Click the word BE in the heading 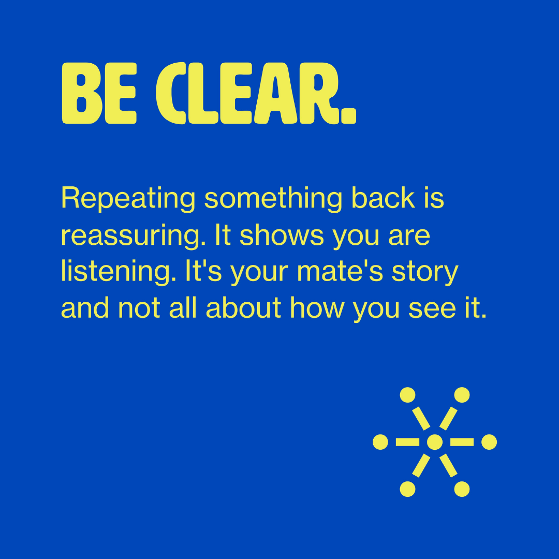99,93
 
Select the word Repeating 128,199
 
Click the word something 273,199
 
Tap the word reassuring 134,236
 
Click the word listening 119,272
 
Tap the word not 139,308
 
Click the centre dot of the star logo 435,442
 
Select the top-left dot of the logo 407,395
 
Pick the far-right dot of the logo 489,442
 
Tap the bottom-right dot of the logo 462,489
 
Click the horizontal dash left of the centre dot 407,442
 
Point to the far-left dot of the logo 380,442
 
